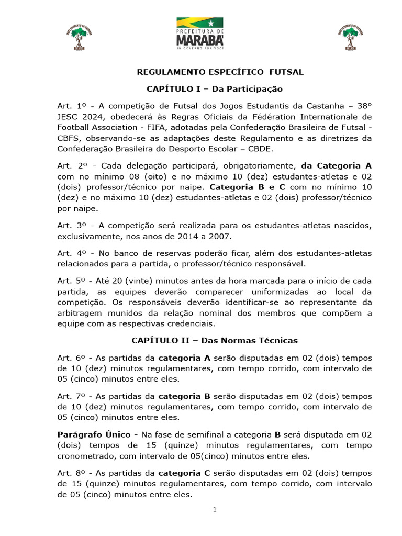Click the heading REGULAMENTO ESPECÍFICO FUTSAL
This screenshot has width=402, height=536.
(x=220, y=72)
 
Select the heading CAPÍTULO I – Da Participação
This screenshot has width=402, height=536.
(x=215, y=89)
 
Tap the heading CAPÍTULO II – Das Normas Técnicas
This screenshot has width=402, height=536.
(x=215, y=341)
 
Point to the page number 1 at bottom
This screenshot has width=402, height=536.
(x=215, y=510)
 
